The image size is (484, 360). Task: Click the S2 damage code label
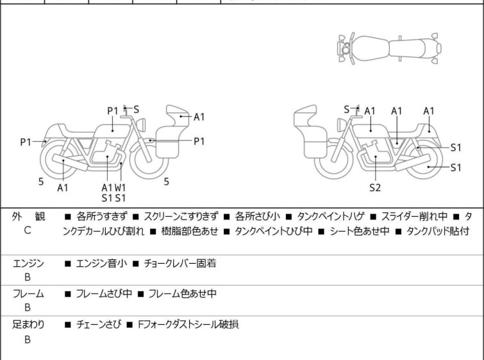point(375,187)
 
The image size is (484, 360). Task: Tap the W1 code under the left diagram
point(121,187)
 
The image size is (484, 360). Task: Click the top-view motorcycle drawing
point(389,49)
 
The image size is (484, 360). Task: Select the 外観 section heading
point(28,216)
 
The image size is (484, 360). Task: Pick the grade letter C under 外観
point(28,230)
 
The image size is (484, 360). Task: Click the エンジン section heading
point(28,264)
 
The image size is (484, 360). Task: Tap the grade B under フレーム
point(28,307)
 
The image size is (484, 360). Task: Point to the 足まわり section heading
point(28,325)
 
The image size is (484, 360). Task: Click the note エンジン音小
point(101,263)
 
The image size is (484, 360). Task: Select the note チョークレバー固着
point(180,263)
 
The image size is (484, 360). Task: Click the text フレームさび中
point(104,293)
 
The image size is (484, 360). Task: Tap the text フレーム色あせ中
point(183,293)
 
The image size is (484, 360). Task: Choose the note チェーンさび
point(99,325)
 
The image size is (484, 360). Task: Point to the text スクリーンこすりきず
point(181,216)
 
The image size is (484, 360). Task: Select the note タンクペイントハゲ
point(331,216)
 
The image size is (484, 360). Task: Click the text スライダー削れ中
point(414,216)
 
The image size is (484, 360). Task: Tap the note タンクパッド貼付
point(438,231)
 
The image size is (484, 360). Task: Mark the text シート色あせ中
point(359,231)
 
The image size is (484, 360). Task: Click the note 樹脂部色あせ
point(190,231)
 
